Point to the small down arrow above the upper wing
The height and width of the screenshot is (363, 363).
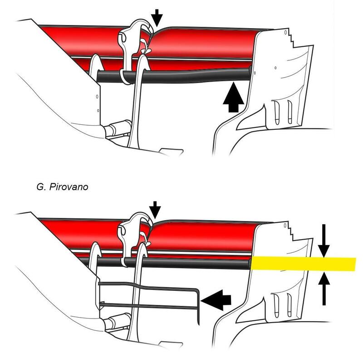pyautogui.click(x=157, y=18)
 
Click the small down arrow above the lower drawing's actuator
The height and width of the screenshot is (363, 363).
pyautogui.click(x=155, y=209)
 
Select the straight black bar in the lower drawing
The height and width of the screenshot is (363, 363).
pyautogui.click(x=191, y=262)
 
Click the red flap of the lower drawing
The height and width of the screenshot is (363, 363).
pyautogui.click(x=204, y=236)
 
